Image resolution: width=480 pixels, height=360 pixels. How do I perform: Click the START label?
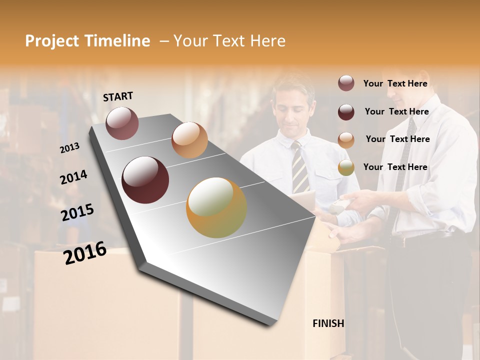click(118, 96)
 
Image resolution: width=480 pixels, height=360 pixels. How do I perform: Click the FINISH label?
click(328, 323)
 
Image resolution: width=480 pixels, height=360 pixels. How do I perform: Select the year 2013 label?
click(69, 148)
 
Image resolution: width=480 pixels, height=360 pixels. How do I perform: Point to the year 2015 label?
click(77, 212)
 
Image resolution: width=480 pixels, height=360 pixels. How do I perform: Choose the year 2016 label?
click(85, 253)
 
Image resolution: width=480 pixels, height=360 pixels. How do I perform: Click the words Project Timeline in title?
click(87, 41)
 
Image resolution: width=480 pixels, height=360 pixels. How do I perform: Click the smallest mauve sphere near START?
click(122, 123)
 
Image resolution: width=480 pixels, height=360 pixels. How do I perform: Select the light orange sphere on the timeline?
click(189, 140)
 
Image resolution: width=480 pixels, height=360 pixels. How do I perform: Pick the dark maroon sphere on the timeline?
click(145, 180)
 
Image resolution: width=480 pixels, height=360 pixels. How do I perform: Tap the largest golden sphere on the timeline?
click(216, 207)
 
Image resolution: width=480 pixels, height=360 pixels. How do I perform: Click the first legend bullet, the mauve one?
click(346, 83)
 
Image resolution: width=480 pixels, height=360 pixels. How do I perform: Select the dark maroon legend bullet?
click(346, 112)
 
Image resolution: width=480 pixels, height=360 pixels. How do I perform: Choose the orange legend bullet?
click(346, 140)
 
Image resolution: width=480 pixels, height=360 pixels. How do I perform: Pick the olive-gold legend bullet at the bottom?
click(346, 168)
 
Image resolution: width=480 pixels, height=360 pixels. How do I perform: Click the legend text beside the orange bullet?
click(397, 139)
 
